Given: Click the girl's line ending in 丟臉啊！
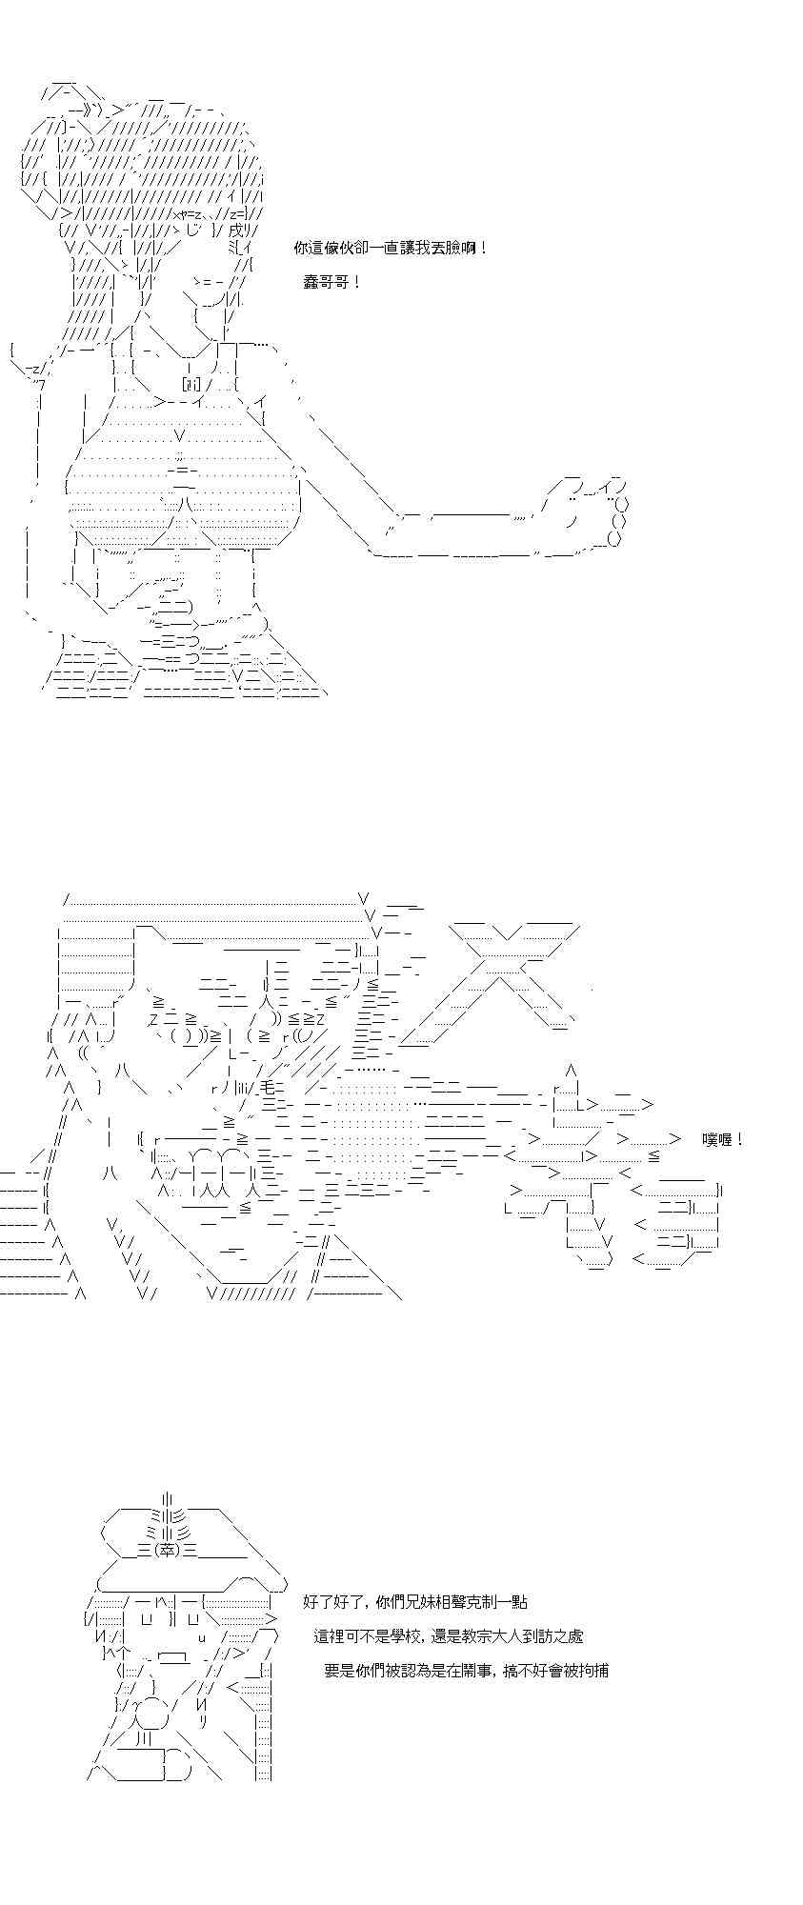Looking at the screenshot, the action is (392, 249).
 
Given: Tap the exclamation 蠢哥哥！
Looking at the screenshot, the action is (332, 283).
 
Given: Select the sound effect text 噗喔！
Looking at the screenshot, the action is (722, 1139).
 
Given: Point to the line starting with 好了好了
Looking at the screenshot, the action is (415, 1602).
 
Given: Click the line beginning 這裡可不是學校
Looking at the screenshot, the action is (449, 1636).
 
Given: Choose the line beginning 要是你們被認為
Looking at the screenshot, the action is (467, 1671).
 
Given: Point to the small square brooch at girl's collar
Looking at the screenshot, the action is (191, 383).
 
